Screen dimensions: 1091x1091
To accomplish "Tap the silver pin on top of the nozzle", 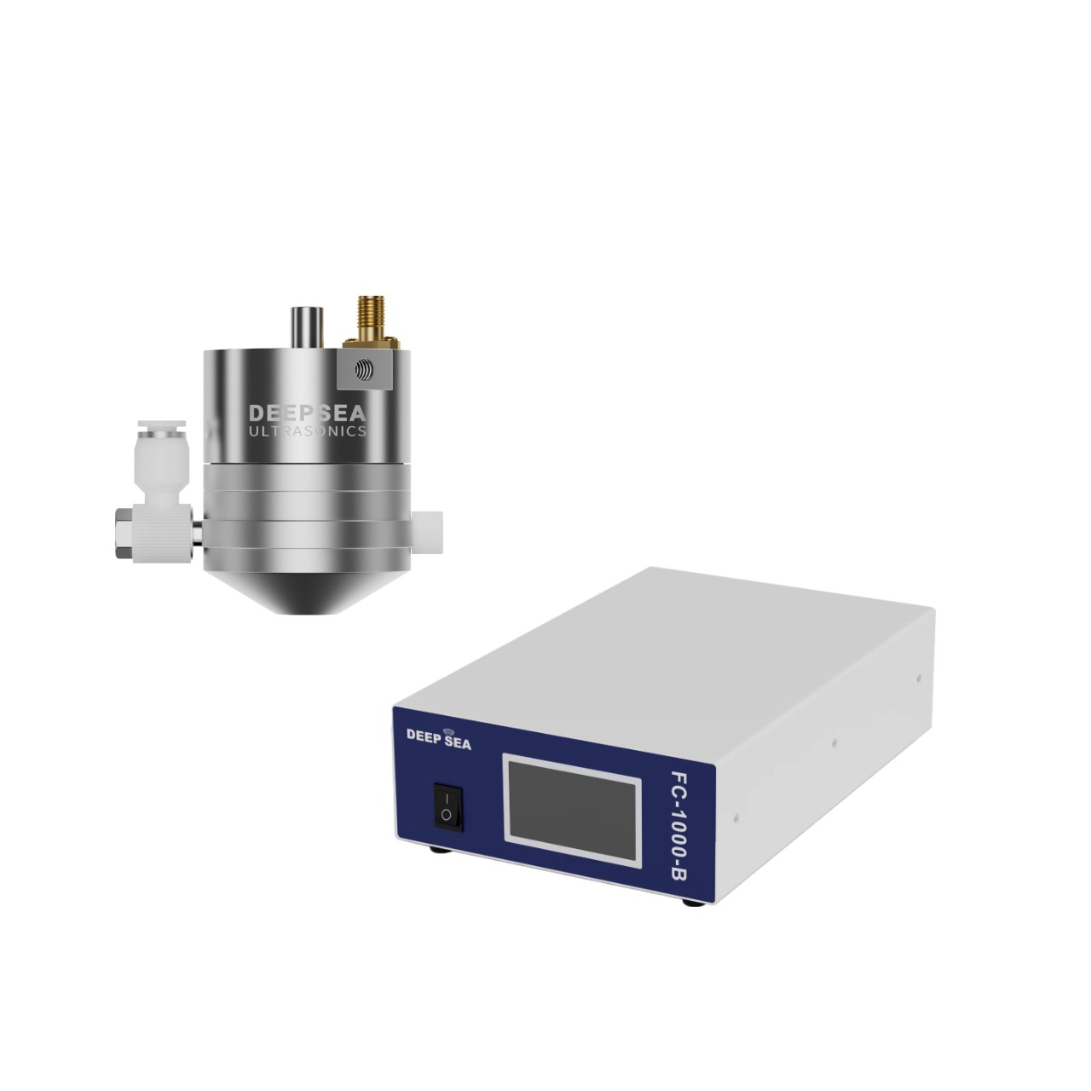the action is (307, 326).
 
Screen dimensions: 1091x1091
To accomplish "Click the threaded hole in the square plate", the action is (364, 370).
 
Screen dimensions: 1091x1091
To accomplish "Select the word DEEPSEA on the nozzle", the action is (308, 413).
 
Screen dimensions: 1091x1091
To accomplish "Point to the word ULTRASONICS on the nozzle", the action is (308, 431).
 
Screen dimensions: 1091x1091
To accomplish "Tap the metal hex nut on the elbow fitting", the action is (124, 534).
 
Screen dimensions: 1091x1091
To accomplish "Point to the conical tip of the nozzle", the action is (306, 590).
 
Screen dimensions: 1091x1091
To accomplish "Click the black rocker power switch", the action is (448, 807).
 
